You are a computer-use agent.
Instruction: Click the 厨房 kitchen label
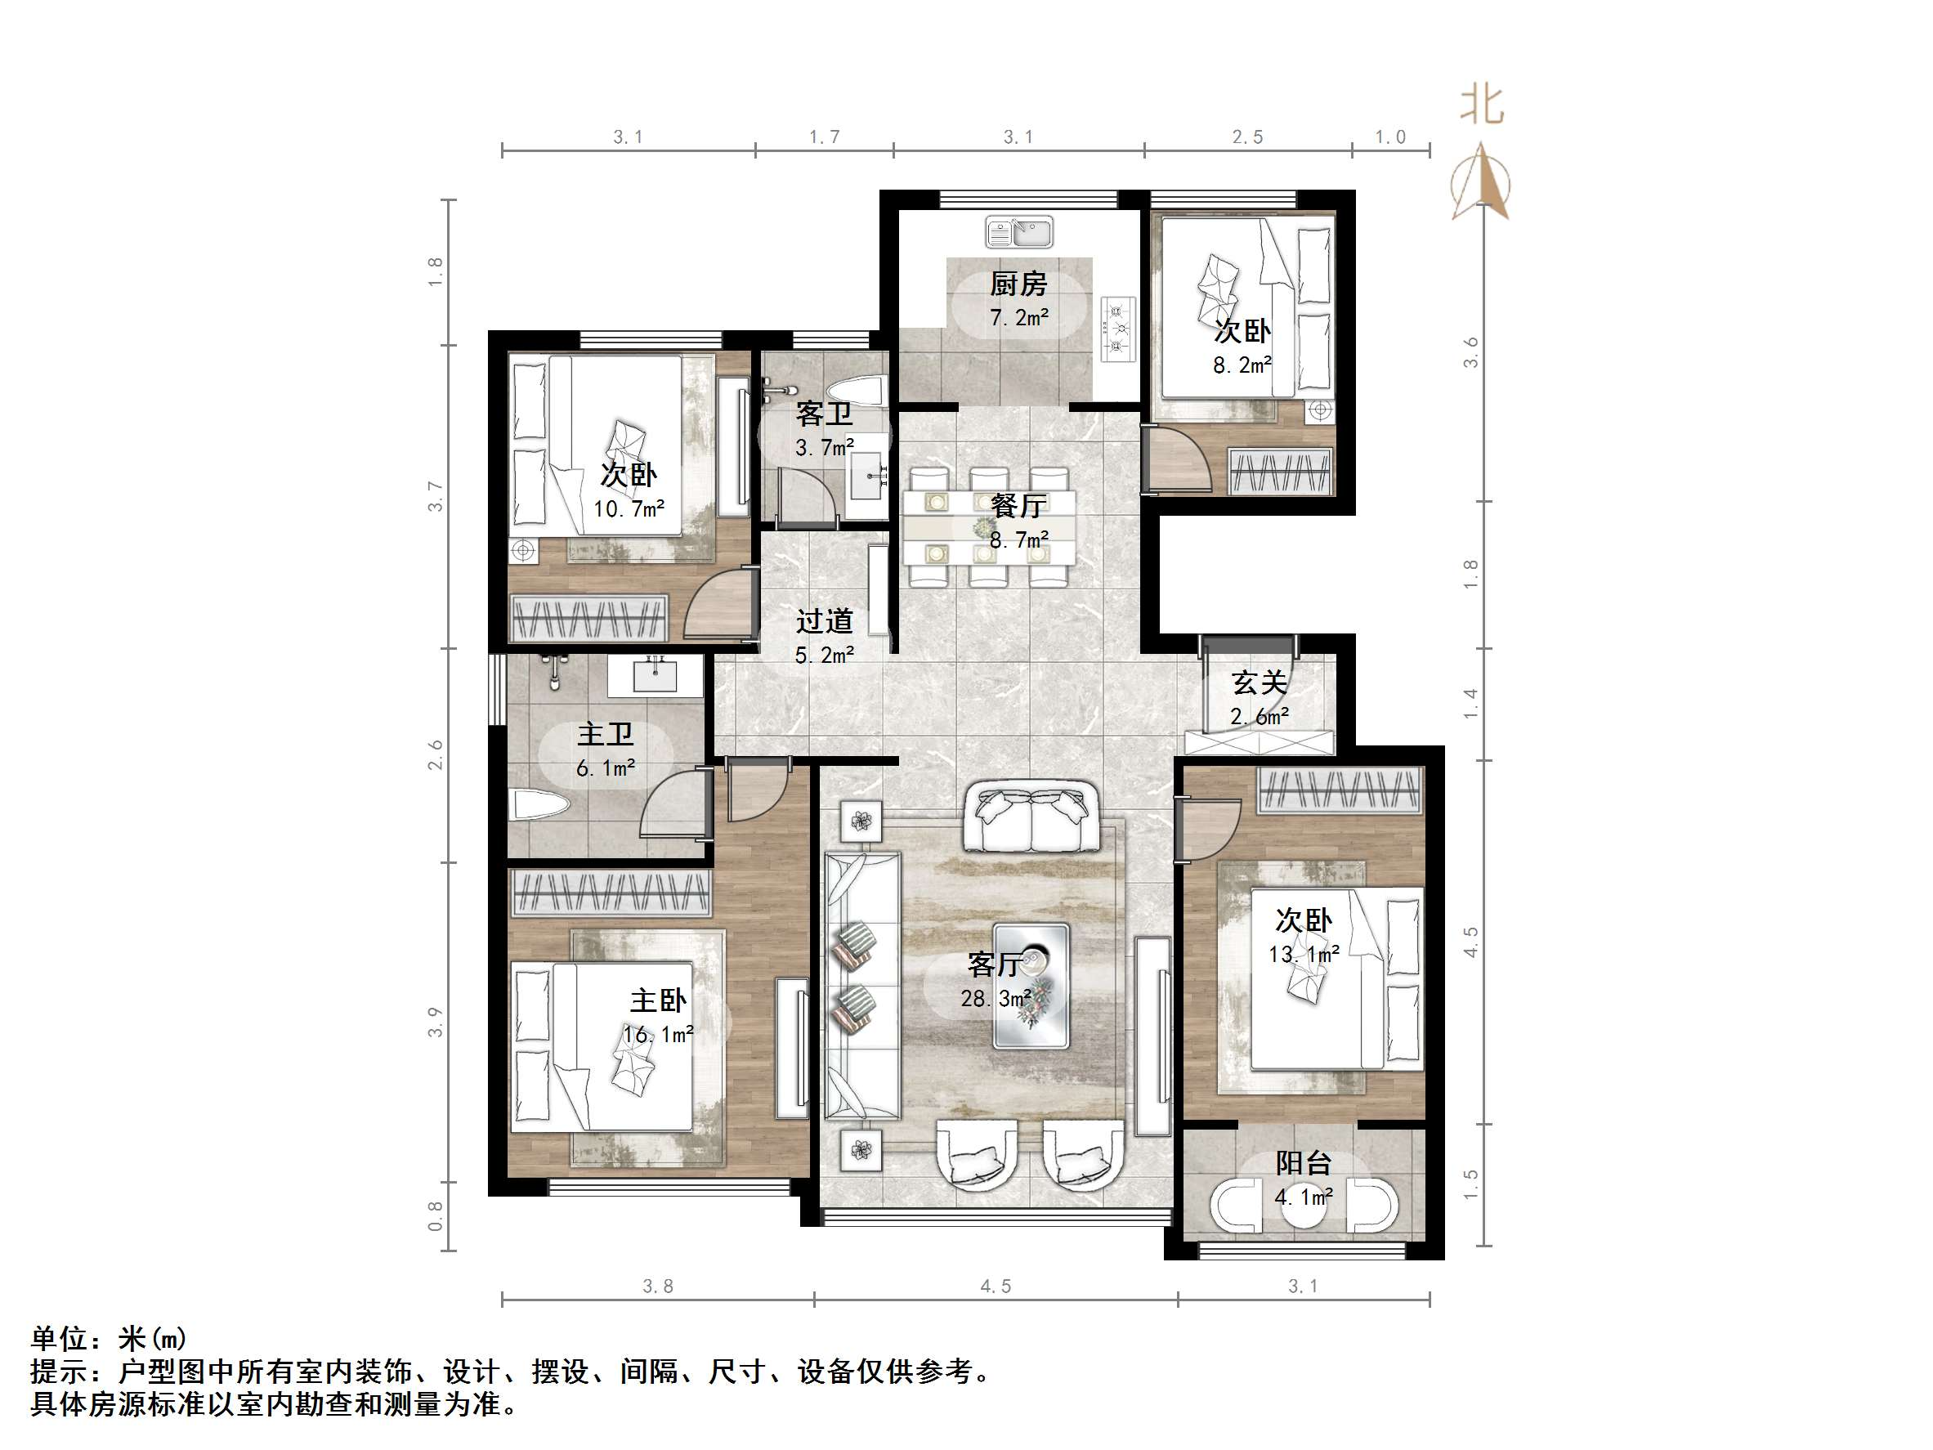click(x=1018, y=284)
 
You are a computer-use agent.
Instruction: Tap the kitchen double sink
click(x=1019, y=232)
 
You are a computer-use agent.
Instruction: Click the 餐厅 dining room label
click(x=1018, y=505)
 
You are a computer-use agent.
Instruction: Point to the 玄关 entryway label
click(x=1260, y=682)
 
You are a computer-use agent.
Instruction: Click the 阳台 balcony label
click(x=1303, y=1162)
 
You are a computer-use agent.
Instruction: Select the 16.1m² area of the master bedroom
click(x=658, y=1035)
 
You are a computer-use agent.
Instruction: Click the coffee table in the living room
click(x=1031, y=985)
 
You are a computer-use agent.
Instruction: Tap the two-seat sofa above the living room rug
click(x=1031, y=818)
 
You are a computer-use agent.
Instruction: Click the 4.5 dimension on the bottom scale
click(x=996, y=1286)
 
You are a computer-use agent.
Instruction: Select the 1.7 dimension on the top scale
click(x=824, y=137)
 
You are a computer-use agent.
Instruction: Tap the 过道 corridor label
click(x=824, y=621)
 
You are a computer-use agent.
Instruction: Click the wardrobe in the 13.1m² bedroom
click(x=1340, y=790)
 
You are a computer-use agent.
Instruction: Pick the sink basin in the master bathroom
click(x=655, y=677)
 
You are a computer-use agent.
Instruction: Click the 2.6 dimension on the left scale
click(x=435, y=755)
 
